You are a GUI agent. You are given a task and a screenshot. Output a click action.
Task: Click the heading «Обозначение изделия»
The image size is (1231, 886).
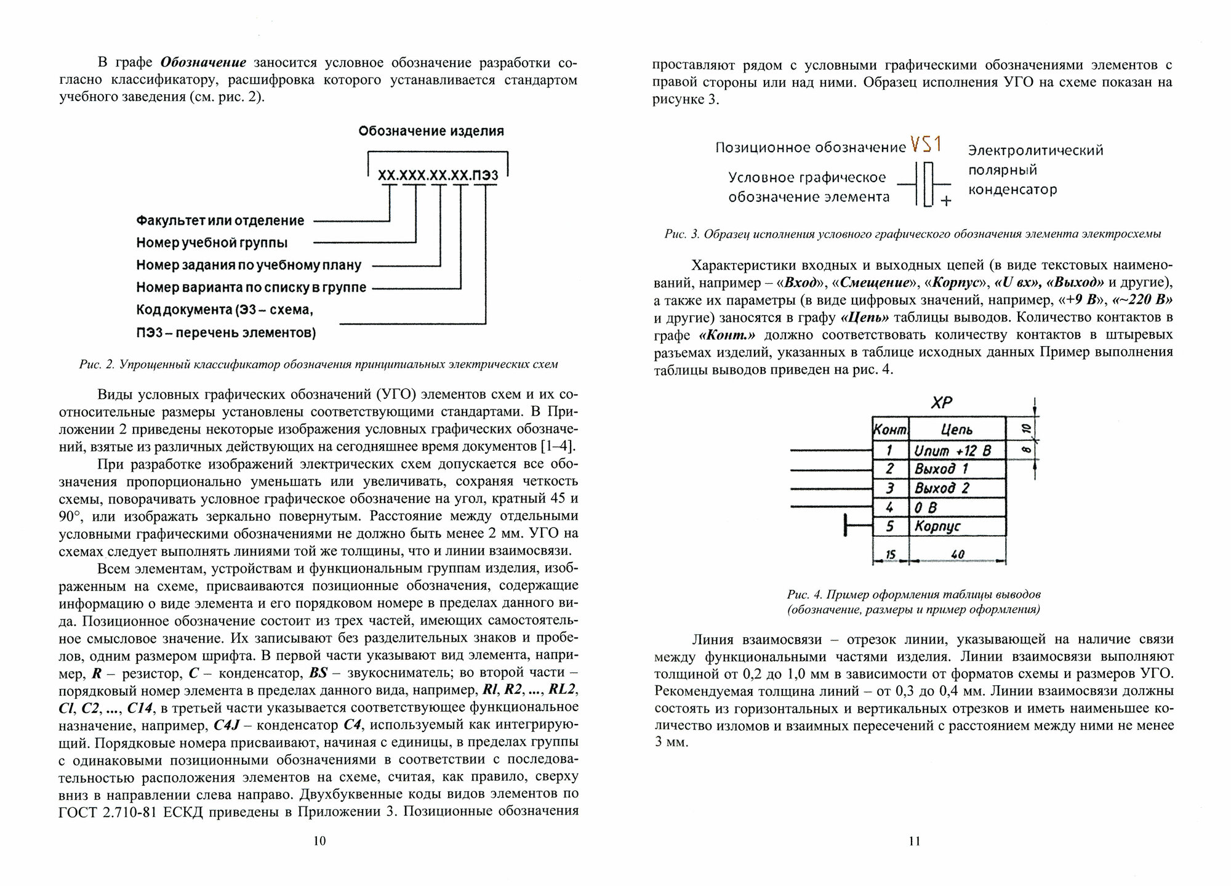(431, 131)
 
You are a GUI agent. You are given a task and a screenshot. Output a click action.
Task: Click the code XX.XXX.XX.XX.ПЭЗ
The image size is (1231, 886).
(438, 177)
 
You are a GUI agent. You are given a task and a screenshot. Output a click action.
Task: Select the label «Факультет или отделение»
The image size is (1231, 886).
(220, 220)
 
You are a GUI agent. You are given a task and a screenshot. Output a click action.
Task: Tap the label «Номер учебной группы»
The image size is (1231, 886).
(212, 243)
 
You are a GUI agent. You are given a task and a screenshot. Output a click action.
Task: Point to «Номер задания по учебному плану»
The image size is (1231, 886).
(249, 265)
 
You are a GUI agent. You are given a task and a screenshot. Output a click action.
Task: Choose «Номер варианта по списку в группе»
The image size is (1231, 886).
(251, 288)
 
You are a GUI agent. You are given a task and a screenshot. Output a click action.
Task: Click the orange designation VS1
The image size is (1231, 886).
(927, 145)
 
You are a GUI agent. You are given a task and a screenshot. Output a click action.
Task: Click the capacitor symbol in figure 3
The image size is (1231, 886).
(924, 184)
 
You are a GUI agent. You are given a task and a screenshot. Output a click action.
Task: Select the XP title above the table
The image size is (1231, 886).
(941, 403)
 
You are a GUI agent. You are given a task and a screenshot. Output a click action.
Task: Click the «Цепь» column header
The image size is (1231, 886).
(956, 430)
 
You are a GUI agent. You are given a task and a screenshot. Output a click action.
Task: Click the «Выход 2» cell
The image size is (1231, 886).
(942, 488)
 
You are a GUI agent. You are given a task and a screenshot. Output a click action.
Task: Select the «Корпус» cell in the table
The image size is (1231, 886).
(937, 526)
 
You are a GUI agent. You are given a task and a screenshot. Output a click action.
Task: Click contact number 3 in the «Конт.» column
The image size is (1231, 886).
(890, 488)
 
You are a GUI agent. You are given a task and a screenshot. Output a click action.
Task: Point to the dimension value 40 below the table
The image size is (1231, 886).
(957, 555)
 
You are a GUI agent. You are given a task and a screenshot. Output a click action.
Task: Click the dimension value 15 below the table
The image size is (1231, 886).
(890, 555)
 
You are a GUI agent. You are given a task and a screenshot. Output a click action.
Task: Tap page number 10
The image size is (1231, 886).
(319, 841)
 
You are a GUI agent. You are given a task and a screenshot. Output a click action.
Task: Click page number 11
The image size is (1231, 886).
(914, 841)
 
